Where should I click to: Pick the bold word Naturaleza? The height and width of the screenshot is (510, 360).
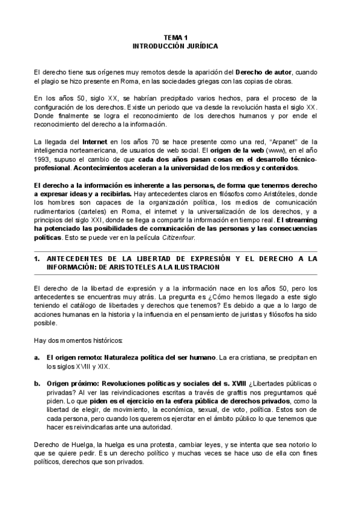[123, 357]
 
